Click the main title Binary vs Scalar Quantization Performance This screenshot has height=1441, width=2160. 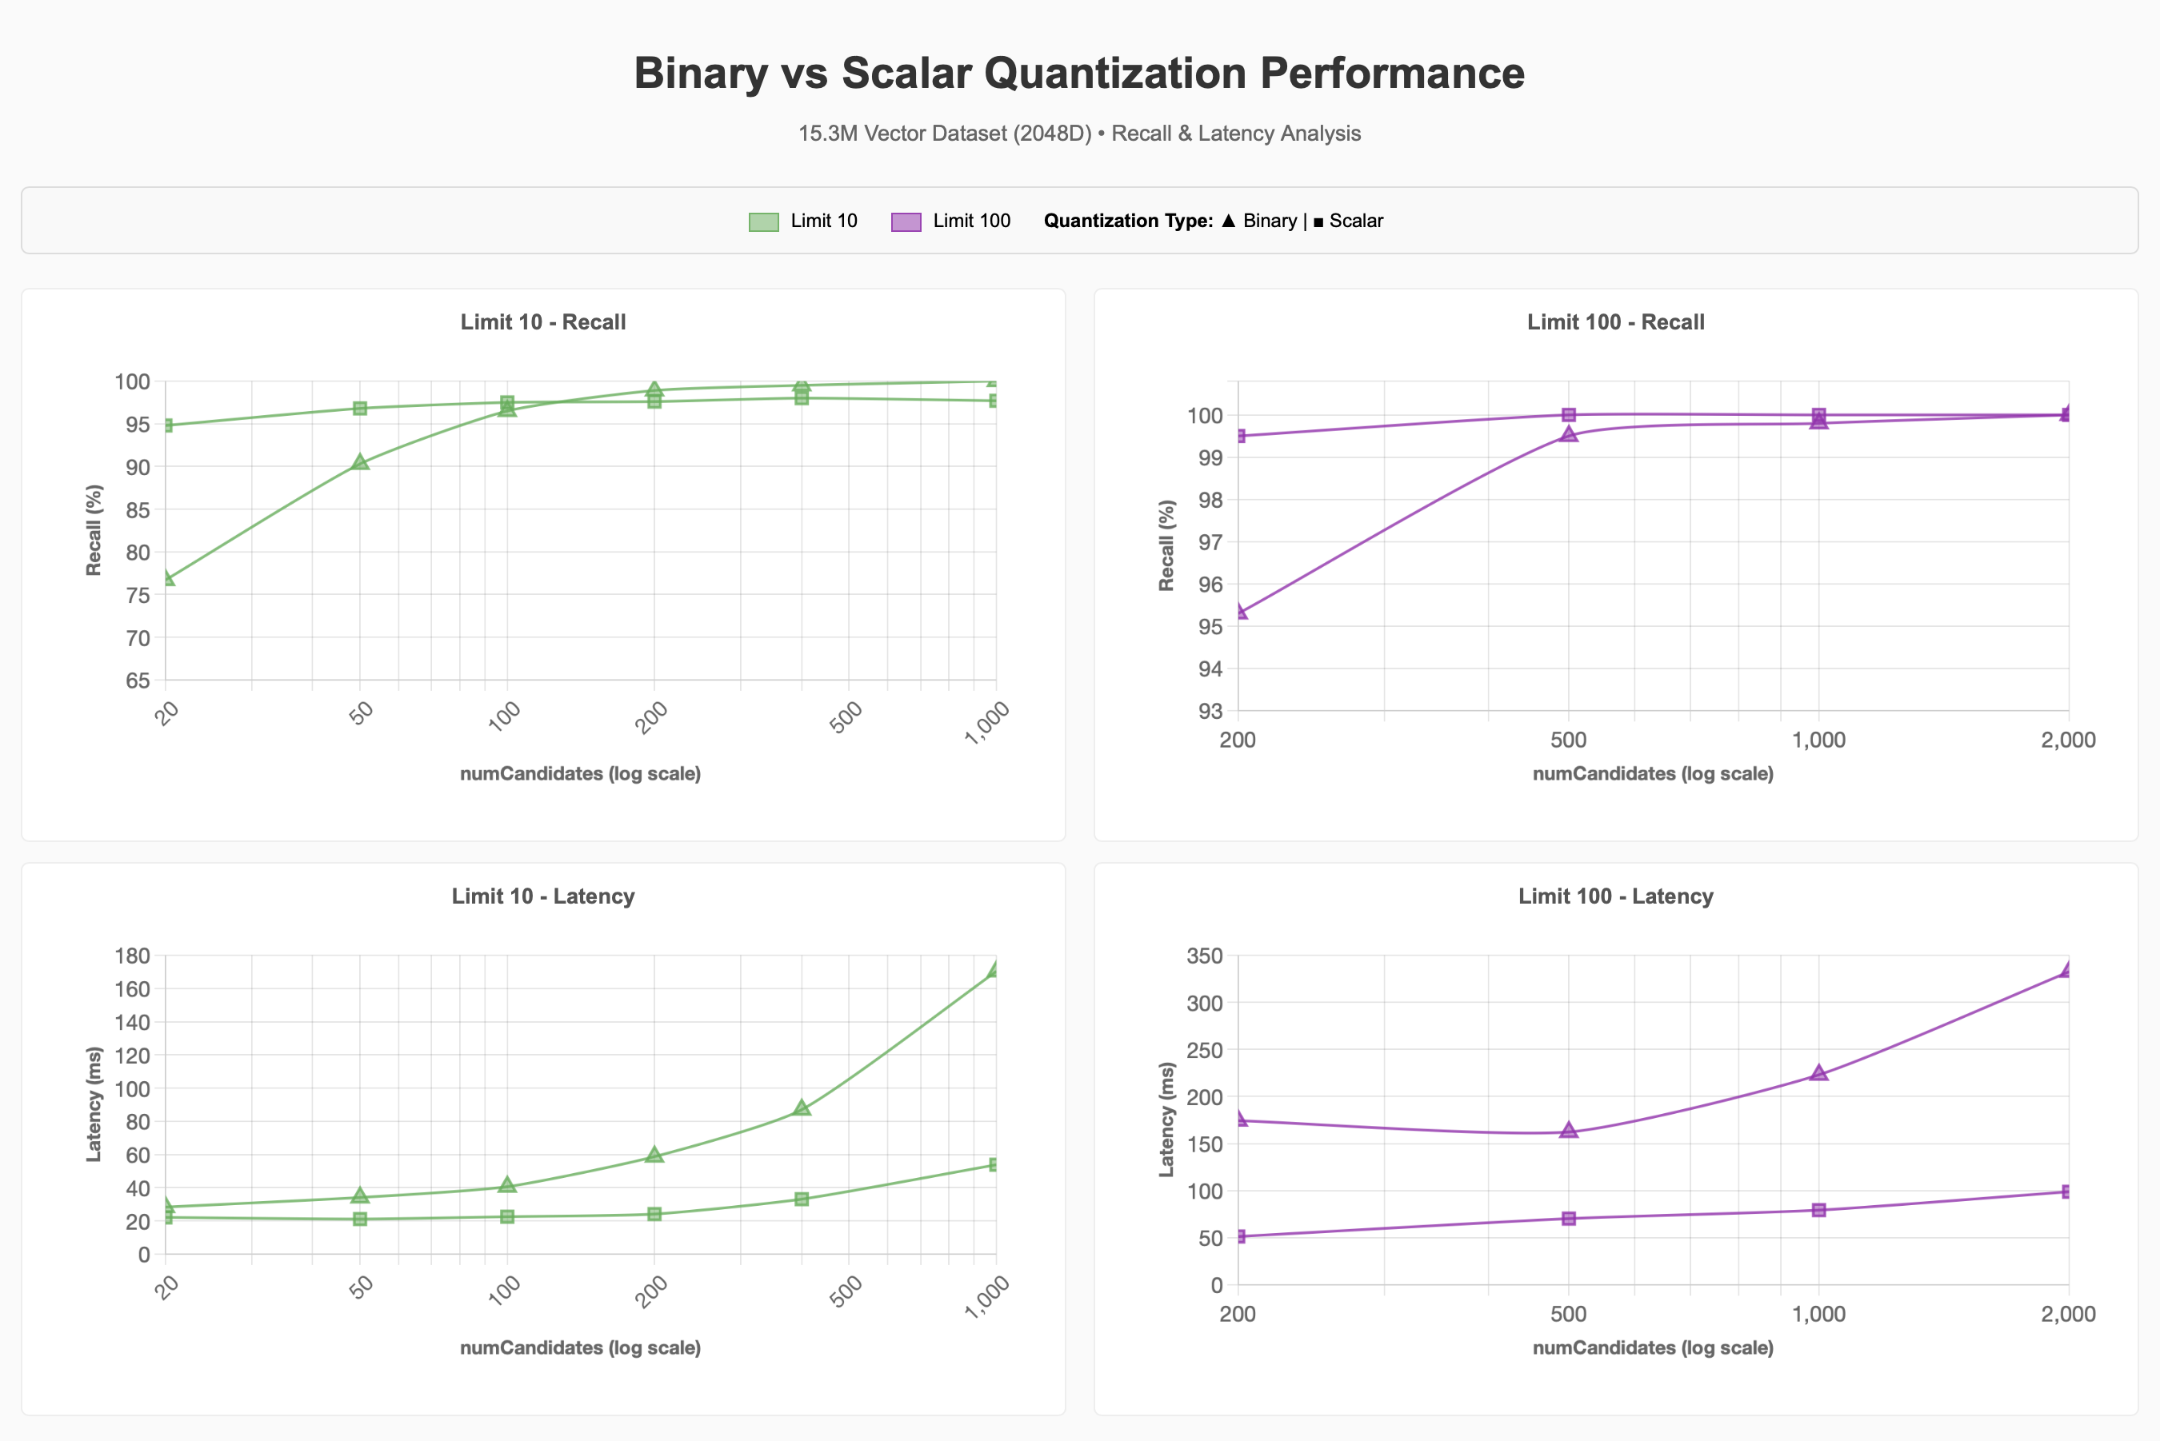click(x=1079, y=74)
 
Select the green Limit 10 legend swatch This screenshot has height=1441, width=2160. click(x=763, y=222)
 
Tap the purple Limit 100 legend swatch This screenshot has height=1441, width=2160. click(x=906, y=222)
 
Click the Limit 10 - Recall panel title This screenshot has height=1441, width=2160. click(x=542, y=322)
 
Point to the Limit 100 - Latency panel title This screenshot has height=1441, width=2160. click(x=1615, y=896)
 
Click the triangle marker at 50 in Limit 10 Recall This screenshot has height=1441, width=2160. click(x=360, y=462)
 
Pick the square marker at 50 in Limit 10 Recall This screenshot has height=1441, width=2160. click(x=360, y=408)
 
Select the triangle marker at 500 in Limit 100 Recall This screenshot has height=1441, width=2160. click(x=1568, y=433)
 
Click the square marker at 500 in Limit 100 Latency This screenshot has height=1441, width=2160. click(x=1568, y=1219)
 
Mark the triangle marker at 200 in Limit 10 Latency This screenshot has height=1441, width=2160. click(x=654, y=1156)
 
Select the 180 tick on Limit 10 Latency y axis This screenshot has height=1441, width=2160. click(x=132, y=956)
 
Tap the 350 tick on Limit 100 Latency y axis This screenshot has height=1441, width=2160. click(x=1204, y=956)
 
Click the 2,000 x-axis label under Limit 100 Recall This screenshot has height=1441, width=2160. click(x=2067, y=740)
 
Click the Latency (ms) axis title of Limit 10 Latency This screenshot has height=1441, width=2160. click(x=94, y=1104)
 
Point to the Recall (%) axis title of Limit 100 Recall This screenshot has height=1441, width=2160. click(x=1166, y=545)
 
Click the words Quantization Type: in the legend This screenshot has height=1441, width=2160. click(x=1128, y=222)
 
